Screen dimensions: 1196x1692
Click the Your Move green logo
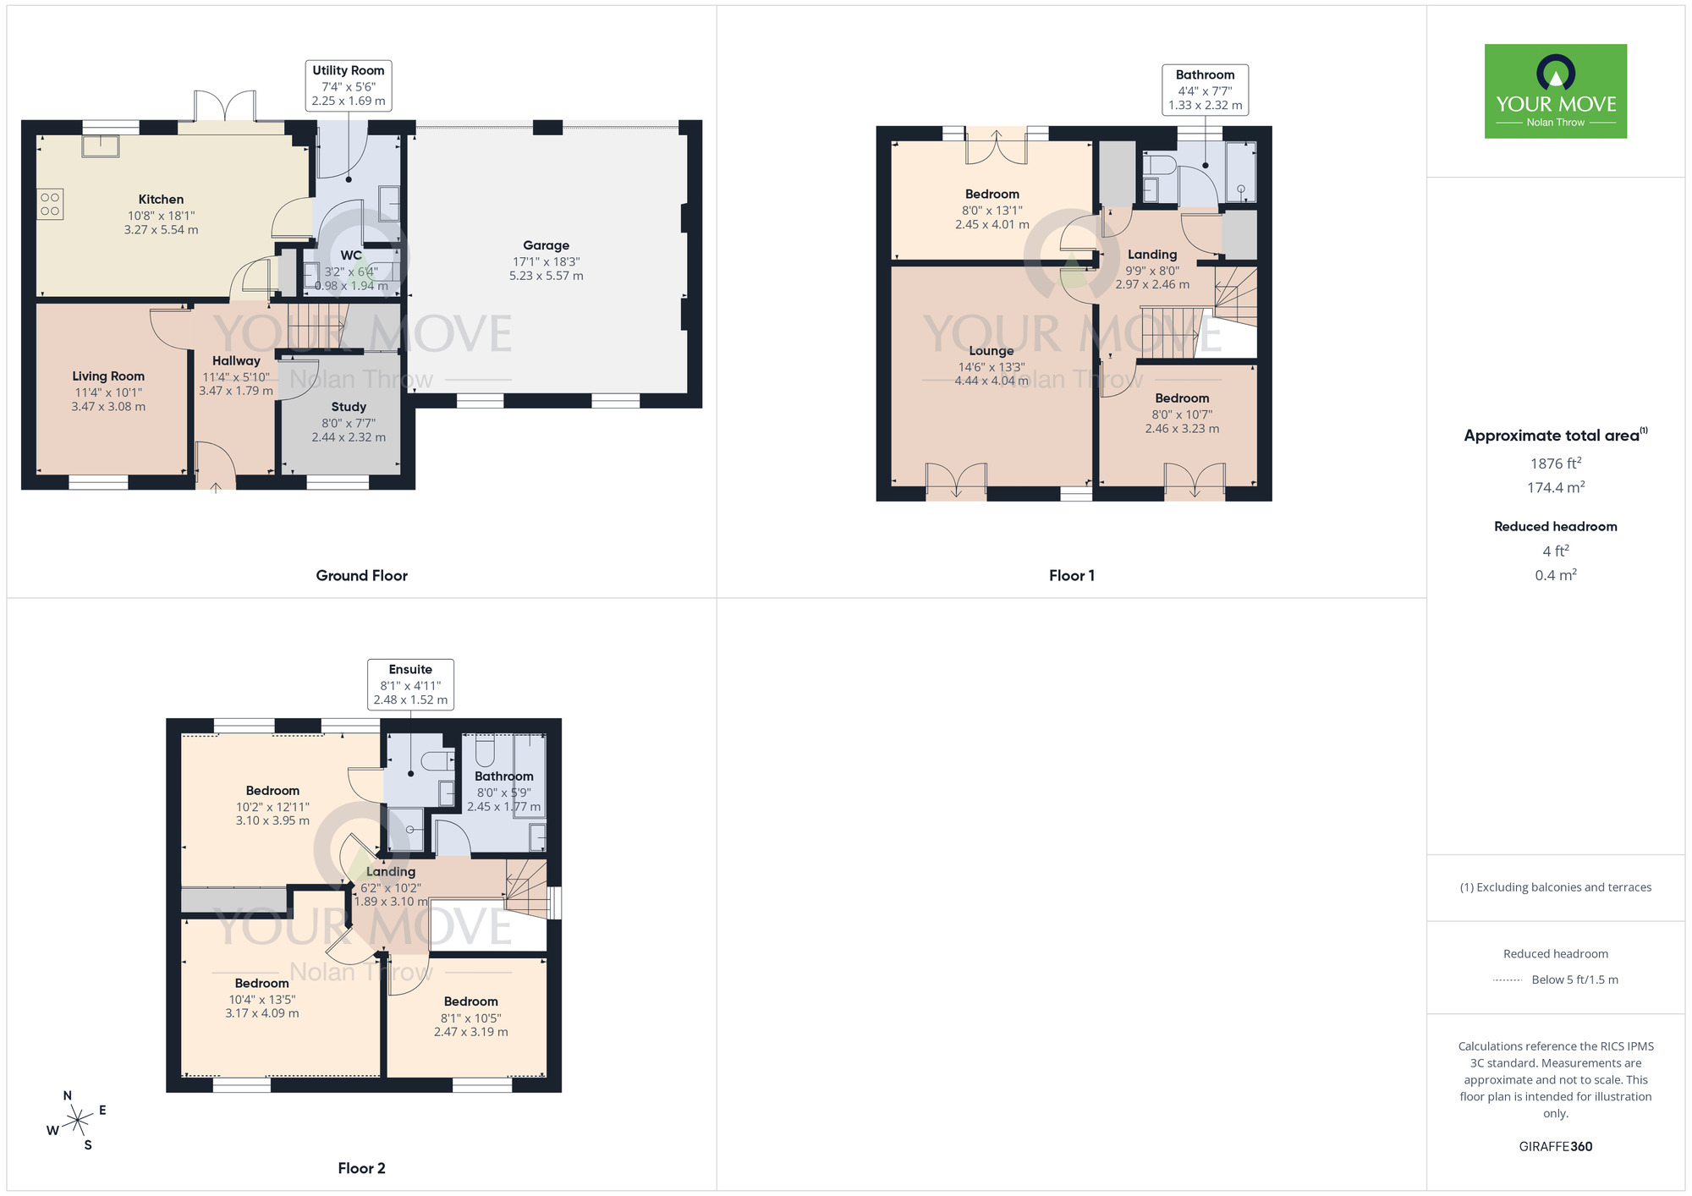click(x=1555, y=91)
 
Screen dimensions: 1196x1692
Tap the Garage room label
click(x=546, y=245)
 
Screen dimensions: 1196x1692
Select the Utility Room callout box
click(x=349, y=85)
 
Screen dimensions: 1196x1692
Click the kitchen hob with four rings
click(x=50, y=204)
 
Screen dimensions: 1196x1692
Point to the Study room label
click(x=349, y=407)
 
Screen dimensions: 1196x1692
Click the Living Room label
click(x=108, y=376)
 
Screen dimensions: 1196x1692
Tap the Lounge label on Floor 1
click(x=992, y=351)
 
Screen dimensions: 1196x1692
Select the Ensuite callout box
click(x=410, y=684)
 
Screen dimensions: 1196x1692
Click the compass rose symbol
click(x=78, y=1120)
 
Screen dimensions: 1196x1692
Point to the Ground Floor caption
click(x=361, y=575)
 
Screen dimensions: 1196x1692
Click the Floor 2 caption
click(x=361, y=1168)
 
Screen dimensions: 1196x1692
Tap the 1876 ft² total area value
click(x=1555, y=464)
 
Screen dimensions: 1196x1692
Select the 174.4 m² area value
click(x=1555, y=487)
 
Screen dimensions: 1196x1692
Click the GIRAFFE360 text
click(x=1555, y=1147)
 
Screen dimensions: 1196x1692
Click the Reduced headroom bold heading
click(x=1555, y=526)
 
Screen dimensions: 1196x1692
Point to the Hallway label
click(x=236, y=361)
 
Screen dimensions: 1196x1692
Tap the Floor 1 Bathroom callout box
click(x=1205, y=90)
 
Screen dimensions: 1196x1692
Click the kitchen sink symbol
click(x=101, y=146)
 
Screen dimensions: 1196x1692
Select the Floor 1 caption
click(x=1071, y=575)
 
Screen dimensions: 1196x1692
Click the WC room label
click(x=351, y=255)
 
